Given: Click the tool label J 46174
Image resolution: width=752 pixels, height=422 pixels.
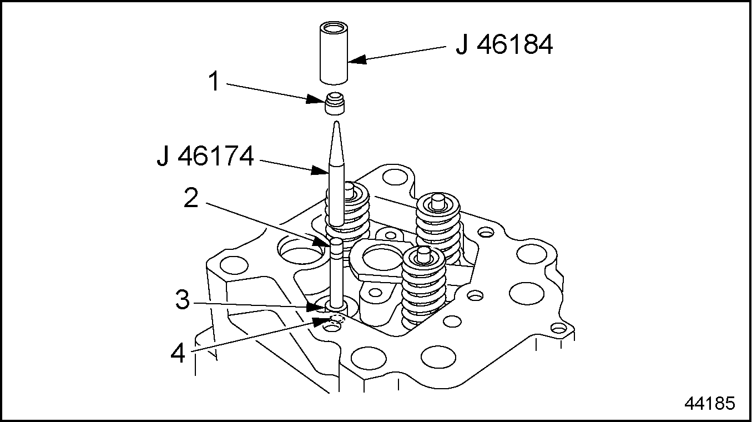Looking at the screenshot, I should coord(205,157).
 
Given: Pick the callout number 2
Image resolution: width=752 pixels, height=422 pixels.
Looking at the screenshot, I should coord(191,199).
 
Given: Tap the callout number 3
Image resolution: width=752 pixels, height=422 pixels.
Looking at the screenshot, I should coord(183,302).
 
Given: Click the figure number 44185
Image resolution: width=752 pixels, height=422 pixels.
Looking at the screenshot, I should coord(710,404).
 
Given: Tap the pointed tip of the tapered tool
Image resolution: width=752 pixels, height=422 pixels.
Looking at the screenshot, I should coord(336,124).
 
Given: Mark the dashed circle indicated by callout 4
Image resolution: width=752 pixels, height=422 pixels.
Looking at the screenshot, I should coord(336,319).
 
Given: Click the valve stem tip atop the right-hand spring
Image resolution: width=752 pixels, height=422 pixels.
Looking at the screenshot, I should coord(438,198).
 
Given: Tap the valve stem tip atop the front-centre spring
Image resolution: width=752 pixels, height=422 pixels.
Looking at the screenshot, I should coord(423,253).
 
